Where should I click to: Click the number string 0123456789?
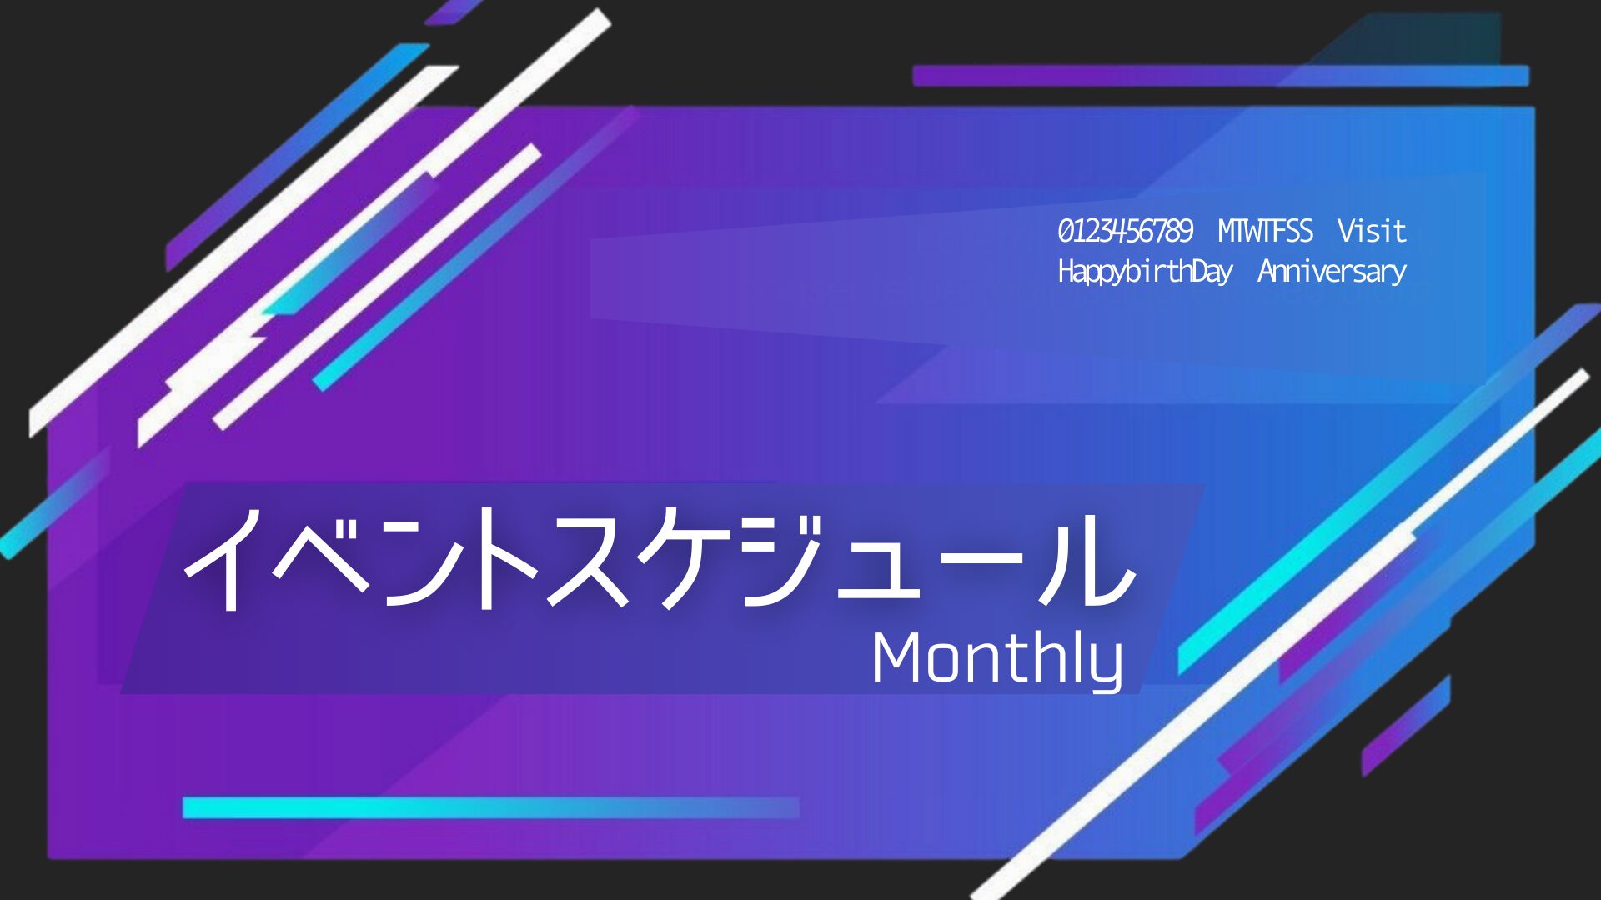click(x=1126, y=231)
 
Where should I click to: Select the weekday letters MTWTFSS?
click(x=1265, y=231)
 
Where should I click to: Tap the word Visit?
click(x=1372, y=231)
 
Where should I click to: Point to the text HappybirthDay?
click(x=1145, y=272)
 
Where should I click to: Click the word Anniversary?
click(x=1332, y=272)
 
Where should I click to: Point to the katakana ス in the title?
click(x=588, y=558)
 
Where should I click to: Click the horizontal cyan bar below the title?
click(x=490, y=807)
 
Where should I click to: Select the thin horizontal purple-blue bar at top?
click(x=1221, y=76)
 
